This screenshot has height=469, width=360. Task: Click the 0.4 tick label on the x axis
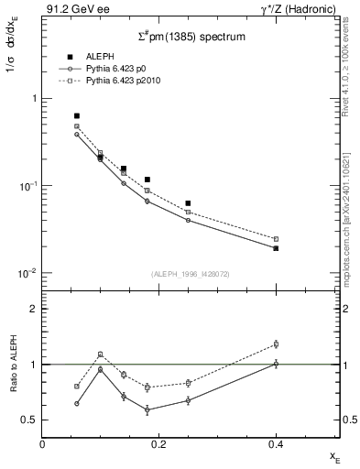[x=275, y=444]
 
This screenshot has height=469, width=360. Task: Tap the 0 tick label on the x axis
[x=42, y=444]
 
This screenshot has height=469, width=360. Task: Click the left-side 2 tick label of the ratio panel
[x=32, y=310]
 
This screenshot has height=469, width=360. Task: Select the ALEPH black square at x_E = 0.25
[x=188, y=203]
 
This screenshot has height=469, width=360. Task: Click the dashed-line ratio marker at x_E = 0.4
[x=276, y=344]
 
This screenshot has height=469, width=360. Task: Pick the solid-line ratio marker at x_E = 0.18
[x=147, y=409]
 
